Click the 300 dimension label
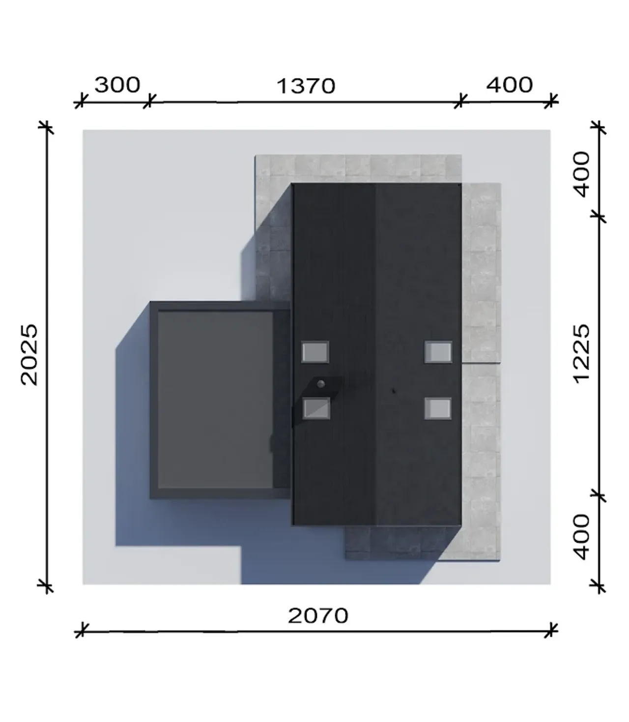click(117, 85)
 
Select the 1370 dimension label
click(306, 87)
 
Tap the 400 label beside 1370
click(510, 85)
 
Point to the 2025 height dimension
click(29, 355)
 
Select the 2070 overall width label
click(318, 616)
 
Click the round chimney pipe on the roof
click(321, 384)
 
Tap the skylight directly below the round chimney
click(316, 408)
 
